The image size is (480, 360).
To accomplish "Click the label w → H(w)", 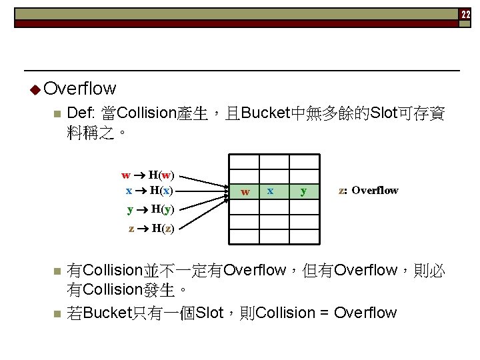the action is (148, 175).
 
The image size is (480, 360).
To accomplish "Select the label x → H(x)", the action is (149, 190).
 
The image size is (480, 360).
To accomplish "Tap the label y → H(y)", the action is (151, 209).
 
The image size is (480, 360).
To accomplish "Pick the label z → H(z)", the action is (151, 229).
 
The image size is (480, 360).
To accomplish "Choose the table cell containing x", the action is (270, 191).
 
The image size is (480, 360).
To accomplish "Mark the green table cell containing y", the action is (303, 191).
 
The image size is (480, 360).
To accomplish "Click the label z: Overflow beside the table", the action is (368, 191).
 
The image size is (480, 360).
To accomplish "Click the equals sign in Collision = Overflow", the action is (323, 313).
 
